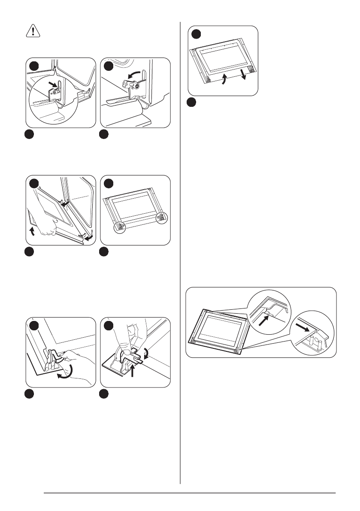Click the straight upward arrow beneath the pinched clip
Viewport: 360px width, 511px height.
[x=133, y=369]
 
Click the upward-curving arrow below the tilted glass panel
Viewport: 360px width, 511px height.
[x=223, y=80]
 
